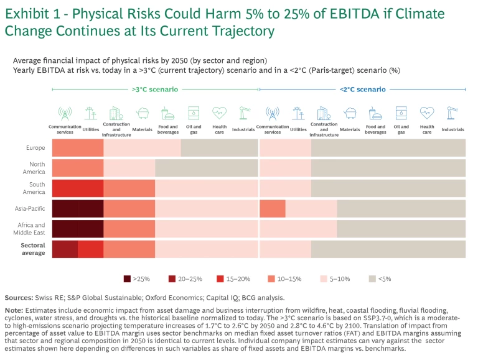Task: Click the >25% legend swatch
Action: click(127, 279)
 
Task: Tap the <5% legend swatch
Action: click(373, 279)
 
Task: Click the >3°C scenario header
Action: click(155, 89)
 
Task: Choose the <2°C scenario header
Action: click(362, 89)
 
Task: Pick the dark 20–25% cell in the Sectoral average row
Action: click(65, 249)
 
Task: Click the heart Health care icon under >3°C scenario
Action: click(219, 113)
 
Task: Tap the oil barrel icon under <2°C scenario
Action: click(401, 113)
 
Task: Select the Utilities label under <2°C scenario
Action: click(298, 130)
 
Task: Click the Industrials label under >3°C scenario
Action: click(244, 130)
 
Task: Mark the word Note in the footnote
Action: click(14, 310)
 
